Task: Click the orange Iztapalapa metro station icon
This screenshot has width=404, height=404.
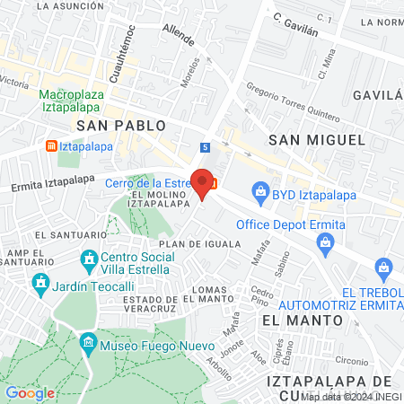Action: pos(52,145)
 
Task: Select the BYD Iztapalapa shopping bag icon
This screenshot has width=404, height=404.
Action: pos(260,190)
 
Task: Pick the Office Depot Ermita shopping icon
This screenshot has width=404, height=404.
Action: pos(326,240)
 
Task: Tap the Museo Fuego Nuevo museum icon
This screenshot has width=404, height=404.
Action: pos(88,343)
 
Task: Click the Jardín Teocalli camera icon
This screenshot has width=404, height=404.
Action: pos(40,286)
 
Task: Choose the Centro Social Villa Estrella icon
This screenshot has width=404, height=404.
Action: pos(88,261)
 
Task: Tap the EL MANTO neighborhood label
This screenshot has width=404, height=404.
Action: pos(302,320)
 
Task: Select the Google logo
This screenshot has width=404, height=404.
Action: pos(30,392)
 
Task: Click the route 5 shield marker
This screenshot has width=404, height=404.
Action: pos(206,146)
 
